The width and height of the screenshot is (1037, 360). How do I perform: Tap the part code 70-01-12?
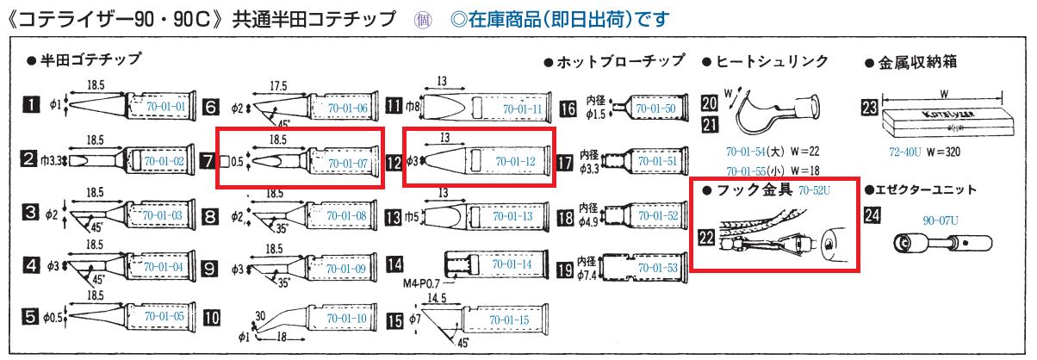tap(516, 161)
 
